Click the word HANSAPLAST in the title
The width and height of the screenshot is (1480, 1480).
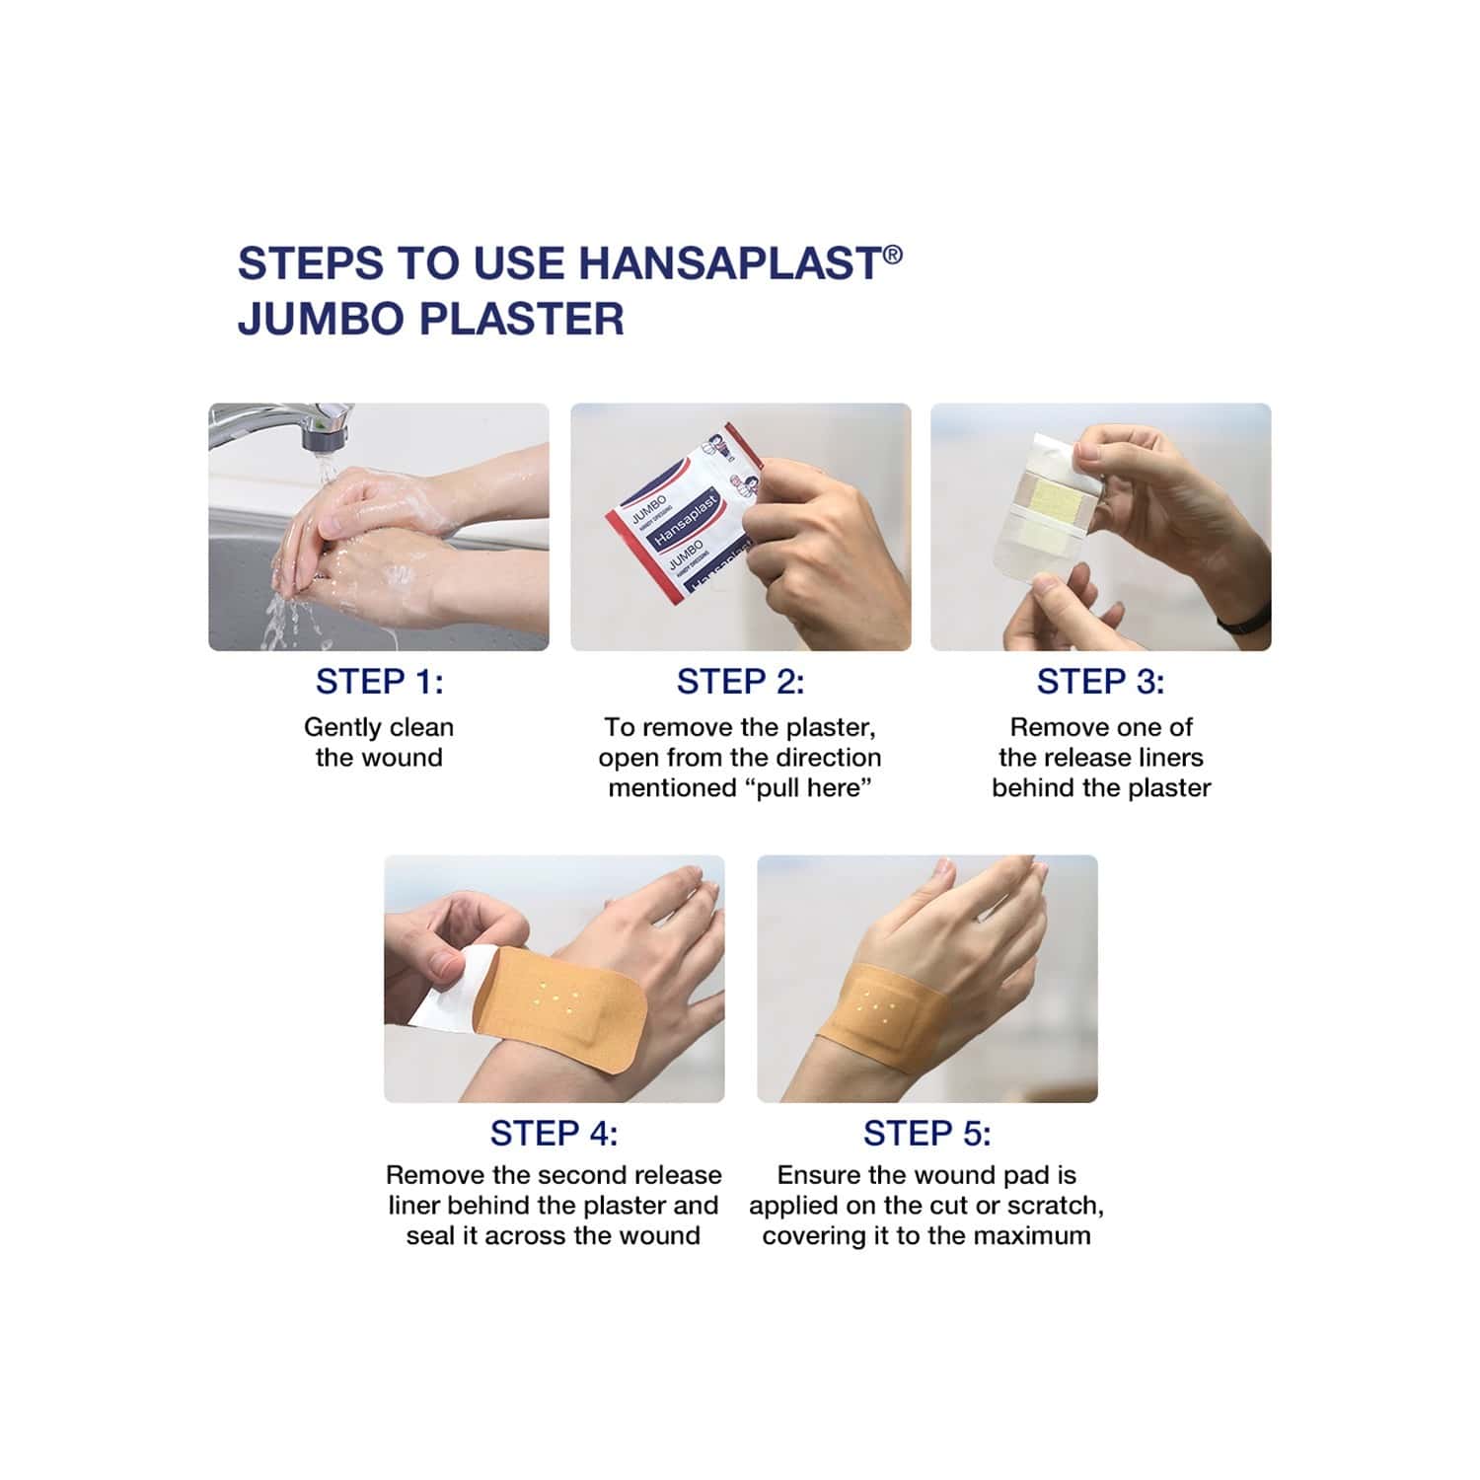point(729,263)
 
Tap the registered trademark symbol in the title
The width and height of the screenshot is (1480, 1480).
point(892,255)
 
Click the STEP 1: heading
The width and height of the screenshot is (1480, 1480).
point(379,682)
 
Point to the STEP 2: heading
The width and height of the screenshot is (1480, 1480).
point(740,682)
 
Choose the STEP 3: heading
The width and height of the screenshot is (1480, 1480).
point(1100,682)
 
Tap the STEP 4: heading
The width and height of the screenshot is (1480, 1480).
point(554,1134)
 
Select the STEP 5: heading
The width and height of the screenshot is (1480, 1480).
point(926,1134)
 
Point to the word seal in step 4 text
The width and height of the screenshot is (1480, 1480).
point(431,1236)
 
